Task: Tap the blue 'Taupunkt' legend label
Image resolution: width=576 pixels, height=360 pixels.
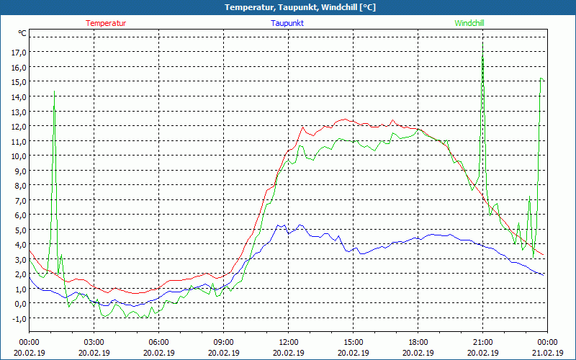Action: coord(287,23)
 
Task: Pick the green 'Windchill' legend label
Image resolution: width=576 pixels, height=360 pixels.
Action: coord(469,23)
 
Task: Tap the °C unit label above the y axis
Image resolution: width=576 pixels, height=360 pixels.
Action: coord(22,34)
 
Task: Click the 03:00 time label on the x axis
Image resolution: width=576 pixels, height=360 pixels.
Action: coord(94,342)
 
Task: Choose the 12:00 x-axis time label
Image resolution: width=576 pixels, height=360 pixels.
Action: coord(289,342)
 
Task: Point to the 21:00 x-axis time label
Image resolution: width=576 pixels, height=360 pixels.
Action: coord(482,342)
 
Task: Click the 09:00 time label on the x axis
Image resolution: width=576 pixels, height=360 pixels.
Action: coord(223,342)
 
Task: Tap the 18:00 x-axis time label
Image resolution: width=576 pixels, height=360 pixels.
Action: coord(418,342)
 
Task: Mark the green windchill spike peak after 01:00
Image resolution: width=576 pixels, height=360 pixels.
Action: coord(54,94)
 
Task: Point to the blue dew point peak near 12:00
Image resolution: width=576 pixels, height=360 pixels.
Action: coord(279,225)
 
